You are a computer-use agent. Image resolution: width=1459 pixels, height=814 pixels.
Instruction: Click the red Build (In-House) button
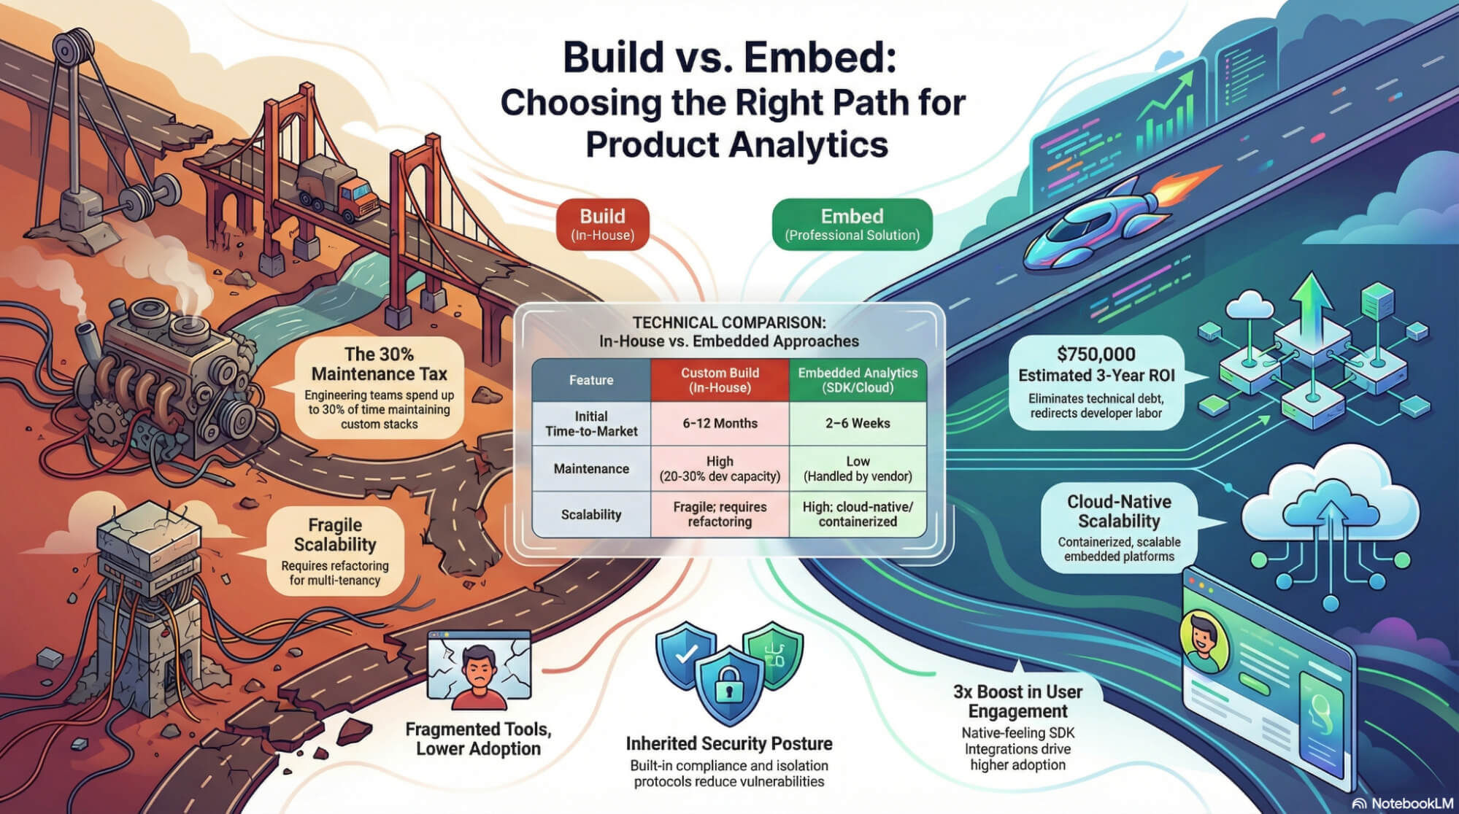tap(602, 225)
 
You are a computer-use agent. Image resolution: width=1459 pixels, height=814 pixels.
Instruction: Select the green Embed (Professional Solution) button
tap(852, 225)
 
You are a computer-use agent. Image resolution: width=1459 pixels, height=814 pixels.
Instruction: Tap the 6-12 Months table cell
tap(720, 423)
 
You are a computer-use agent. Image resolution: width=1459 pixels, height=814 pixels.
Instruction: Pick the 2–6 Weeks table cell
tap(858, 423)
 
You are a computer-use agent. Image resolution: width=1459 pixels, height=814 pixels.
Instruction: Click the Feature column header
tap(591, 380)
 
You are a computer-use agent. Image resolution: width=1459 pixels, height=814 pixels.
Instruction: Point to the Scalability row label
tap(591, 514)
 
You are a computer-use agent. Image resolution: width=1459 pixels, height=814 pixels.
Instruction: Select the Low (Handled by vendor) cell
tap(858, 468)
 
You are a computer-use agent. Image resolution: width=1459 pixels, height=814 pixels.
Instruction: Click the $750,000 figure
tap(1096, 354)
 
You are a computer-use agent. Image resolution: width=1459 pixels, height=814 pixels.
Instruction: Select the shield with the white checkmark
tap(685, 654)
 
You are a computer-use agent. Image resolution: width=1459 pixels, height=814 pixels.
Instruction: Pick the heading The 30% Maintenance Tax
tap(379, 364)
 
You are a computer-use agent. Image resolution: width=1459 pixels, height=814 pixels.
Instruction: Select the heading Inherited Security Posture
tap(728, 743)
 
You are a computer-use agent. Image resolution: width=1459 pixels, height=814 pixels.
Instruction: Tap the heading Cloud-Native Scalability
tap(1118, 511)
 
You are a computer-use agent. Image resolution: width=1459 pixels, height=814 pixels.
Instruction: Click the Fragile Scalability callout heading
tap(335, 535)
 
